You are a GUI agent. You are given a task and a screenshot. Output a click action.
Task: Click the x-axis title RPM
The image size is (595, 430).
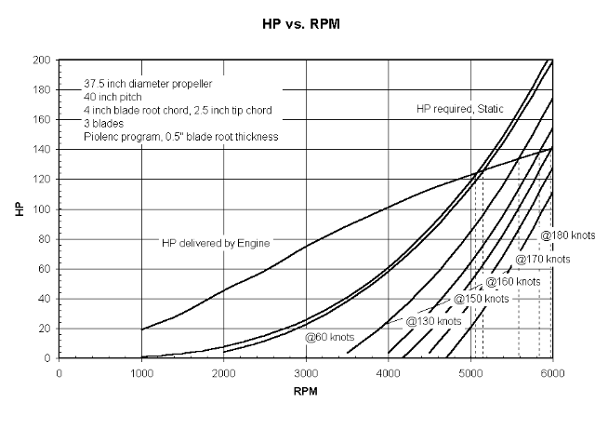[305, 392]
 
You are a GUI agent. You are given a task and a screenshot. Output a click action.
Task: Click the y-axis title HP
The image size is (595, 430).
[20, 208]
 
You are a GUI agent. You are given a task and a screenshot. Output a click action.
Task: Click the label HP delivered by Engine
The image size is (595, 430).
[216, 243]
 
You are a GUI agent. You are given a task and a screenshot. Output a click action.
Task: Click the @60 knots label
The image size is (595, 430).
[329, 336]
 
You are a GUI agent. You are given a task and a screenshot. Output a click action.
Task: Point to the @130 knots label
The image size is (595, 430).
[433, 321]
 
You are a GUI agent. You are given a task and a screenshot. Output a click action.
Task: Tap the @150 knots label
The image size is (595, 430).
[481, 300]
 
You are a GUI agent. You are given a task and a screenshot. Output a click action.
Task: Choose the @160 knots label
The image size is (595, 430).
[513, 281]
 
